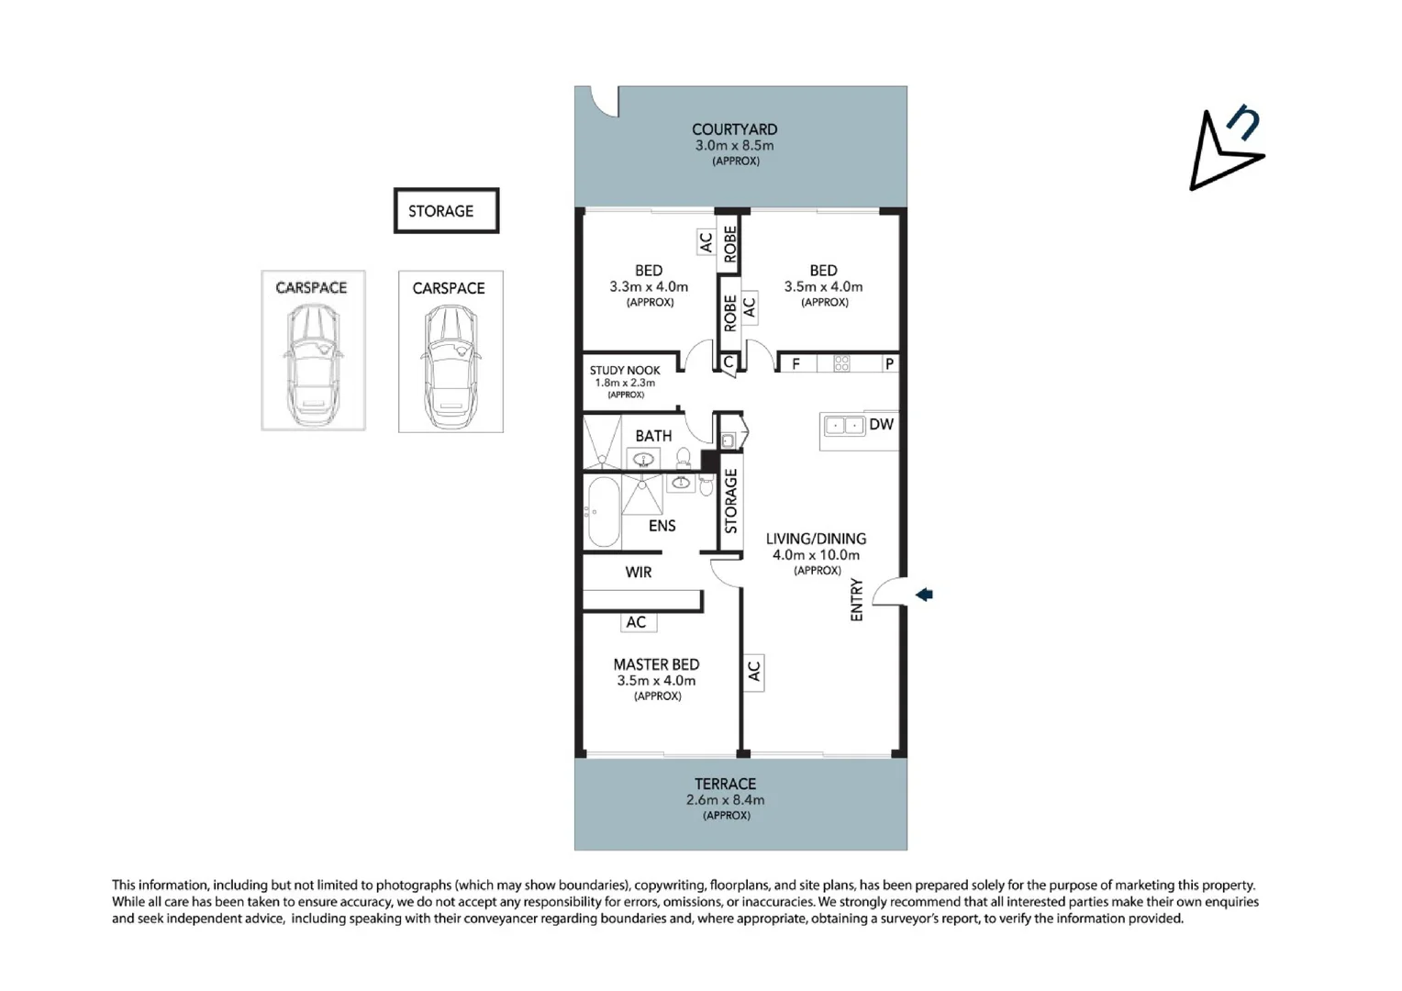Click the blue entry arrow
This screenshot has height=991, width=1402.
(x=924, y=595)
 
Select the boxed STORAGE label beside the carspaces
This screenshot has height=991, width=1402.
(x=446, y=211)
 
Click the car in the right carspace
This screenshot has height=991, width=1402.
(x=451, y=364)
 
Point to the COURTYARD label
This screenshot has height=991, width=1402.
(x=734, y=130)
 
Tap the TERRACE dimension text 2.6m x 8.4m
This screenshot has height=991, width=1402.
(x=725, y=800)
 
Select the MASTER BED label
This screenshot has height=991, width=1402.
(x=656, y=664)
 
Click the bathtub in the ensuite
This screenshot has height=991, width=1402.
(x=603, y=512)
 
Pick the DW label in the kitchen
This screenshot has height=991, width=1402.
(x=881, y=424)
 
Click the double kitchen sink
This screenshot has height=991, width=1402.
(x=844, y=425)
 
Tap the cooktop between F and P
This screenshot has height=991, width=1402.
(x=841, y=363)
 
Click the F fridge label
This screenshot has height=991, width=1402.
(x=796, y=363)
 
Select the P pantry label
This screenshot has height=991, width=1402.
(x=888, y=363)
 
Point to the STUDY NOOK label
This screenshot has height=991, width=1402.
(x=625, y=371)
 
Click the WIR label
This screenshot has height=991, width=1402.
(x=639, y=573)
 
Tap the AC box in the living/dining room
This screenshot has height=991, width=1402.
(x=753, y=673)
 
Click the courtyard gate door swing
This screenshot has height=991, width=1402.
(x=604, y=102)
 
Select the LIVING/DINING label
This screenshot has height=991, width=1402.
(x=816, y=540)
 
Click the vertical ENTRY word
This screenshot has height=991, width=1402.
(x=857, y=600)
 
